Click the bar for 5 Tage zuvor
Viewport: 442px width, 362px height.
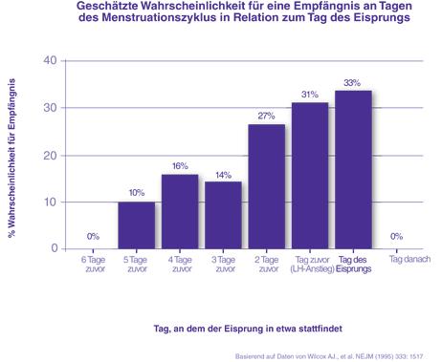(136, 225)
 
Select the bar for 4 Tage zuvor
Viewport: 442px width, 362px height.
(180, 211)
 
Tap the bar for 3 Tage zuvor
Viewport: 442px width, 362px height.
(223, 215)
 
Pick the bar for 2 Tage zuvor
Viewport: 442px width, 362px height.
(267, 186)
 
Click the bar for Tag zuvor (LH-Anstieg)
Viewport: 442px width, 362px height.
(310, 176)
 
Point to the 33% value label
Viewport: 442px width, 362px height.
(353, 83)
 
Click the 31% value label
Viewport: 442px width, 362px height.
(310, 94)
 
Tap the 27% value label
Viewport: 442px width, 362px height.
(267, 116)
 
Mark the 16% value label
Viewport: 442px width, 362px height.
(180, 165)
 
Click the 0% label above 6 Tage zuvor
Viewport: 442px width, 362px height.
(93, 236)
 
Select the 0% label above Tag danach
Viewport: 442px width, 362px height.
(396, 236)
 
